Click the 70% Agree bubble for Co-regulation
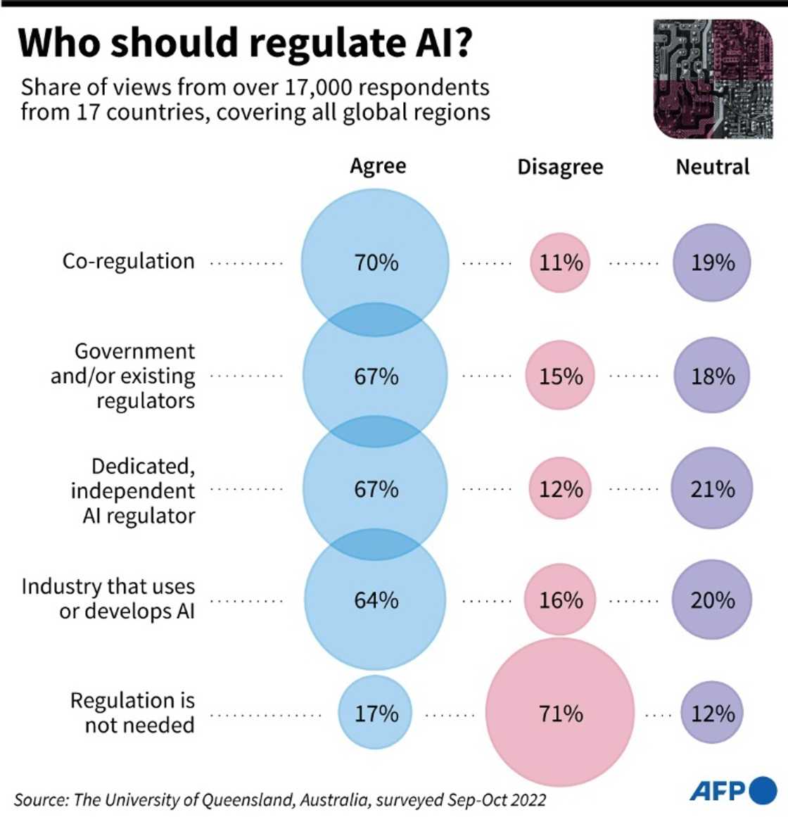click(x=375, y=262)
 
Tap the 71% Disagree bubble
click(x=560, y=713)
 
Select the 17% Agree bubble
click(x=375, y=713)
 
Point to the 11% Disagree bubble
click(x=560, y=262)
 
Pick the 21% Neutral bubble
click(x=712, y=488)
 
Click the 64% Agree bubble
click(x=375, y=600)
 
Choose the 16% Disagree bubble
click(x=560, y=600)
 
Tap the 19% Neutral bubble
click(x=712, y=262)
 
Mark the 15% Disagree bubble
click(x=560, y=376)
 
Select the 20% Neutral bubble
click(x=712, y=600)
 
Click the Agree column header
click(x=378, y=166)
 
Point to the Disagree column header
click(x=560, y=167)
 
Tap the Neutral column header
click(x=712, y=167)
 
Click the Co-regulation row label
click(x=128, y=261)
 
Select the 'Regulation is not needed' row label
click(x=132, y=712)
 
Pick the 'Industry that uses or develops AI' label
click(x=108, y=598)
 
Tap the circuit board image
click(x=713, y=79)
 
